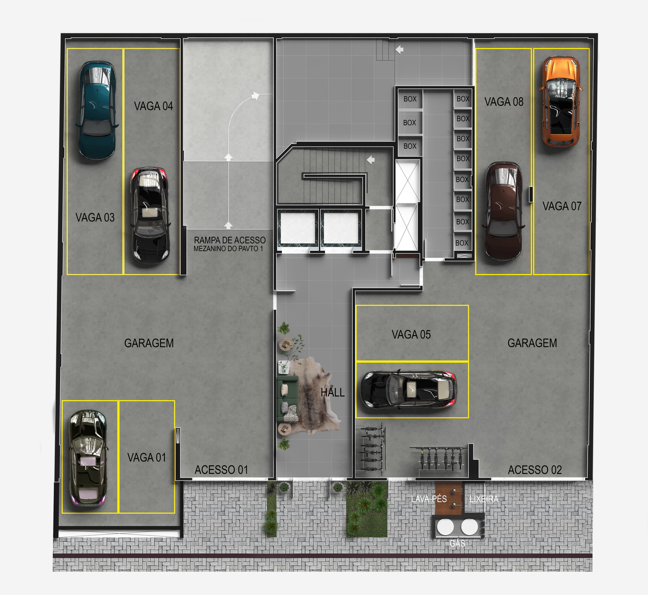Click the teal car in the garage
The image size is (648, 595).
coord(97,110)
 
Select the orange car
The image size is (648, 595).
coord(561,101)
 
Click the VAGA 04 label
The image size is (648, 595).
coord(153,106)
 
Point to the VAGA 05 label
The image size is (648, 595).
coord(411,334)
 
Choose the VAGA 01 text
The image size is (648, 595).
coord(147,458)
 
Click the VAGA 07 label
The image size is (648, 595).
coord(562,206)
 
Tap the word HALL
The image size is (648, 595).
coord(333,392)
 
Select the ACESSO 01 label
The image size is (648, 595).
coord(221,470)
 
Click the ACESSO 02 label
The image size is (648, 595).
coord(535,470)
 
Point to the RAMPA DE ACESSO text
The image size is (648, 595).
coord(230,240)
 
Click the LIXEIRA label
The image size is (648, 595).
coord(484,499)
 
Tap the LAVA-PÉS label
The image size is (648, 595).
coord(429,499)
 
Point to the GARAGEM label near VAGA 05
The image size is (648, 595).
coord(532,343)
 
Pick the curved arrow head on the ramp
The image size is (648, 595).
coord(255,96)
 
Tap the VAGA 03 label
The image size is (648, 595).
coord(95,218)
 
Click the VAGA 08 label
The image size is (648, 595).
coord(504,102)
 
